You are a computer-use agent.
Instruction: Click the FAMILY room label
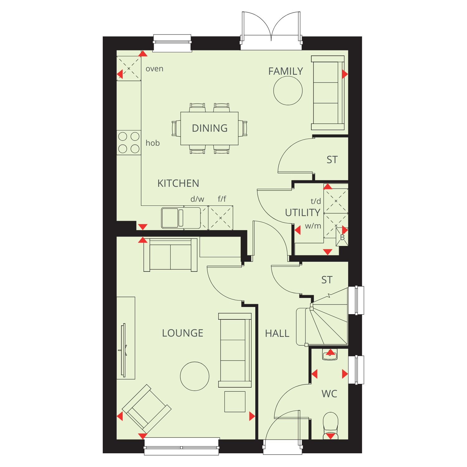[x=285, y=71]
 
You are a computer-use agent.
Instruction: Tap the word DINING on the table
[x=210, y=128]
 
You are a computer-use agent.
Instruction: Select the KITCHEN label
[x=178, y=183]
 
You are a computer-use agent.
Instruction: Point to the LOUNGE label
[x=182, y=333]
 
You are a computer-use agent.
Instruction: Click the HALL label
[x=277, y=334]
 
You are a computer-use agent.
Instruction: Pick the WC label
[x=329, y=394]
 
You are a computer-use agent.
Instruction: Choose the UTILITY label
[x=303, y=213]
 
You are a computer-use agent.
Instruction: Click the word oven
[x=154, y=69]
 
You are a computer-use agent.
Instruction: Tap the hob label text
[x=153, y=143]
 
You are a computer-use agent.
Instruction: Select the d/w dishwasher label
[x=197, y=199]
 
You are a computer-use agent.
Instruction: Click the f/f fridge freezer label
[x=222, y=199]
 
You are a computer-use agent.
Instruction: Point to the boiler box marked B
[x=342, y=237]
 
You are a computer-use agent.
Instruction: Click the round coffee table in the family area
[x=288, y=91]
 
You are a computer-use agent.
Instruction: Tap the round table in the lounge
[x=195, y=376]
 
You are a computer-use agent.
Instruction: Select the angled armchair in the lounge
[x=146, y=409]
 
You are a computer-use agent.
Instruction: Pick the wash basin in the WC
[x=330, y=355]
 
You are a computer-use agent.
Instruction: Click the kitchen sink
[x=181, y=218]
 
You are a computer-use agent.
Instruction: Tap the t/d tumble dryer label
[x=316, y=201]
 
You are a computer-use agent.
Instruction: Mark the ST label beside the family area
[x=332, y=160]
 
